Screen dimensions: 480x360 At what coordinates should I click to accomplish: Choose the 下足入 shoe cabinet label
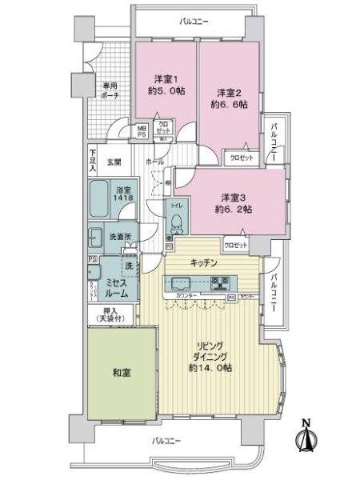[93, 162]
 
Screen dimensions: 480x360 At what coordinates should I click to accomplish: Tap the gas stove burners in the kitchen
[220, 282]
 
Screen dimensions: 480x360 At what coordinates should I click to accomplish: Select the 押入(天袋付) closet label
[111, 316]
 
